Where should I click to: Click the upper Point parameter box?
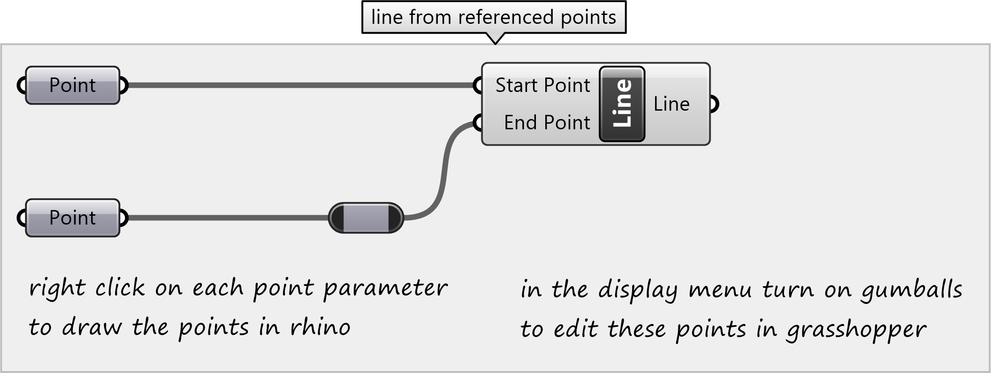click(72, 85)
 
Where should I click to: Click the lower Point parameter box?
click(72, 218)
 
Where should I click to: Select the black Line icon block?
click(622, 104)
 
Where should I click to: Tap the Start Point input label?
click(542, 85)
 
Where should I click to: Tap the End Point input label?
click(547, 123)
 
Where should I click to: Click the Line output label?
click(671, 104)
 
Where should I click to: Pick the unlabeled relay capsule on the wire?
click(366, 218)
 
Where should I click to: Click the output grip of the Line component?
click(713, 104)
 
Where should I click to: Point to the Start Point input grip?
click(478, 85)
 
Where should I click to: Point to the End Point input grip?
click(478, 123)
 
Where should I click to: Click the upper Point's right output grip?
click(123, 85)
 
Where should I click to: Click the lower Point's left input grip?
click(21, 218)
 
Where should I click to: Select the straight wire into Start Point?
click(299, 85)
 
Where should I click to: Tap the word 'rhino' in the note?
click(320, 327)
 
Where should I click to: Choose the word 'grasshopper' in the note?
click(856, 330)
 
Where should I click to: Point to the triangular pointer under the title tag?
click(495, 38)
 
